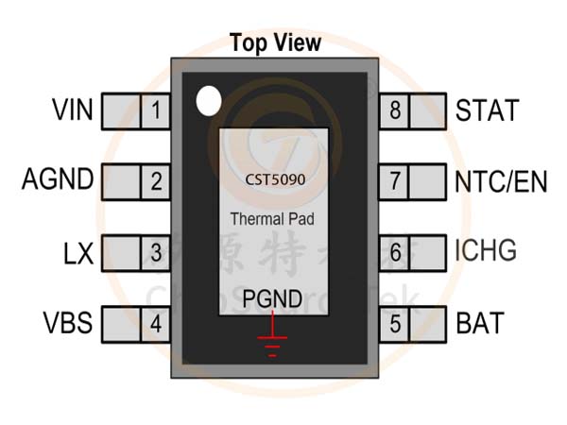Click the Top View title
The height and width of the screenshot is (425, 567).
[275, 42]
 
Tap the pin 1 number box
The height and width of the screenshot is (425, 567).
[155, 110]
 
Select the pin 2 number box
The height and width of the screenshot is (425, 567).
[155, 179]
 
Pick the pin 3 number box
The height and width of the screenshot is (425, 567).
[155, 252]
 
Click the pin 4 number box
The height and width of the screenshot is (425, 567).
[155, 324]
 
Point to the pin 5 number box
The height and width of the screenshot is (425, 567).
[394, 324]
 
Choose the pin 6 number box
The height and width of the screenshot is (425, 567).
[394, 252]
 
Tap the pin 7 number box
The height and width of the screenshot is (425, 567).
[394, 179]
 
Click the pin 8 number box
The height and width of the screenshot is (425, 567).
[394, 110]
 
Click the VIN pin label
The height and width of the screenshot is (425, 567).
[72, 110]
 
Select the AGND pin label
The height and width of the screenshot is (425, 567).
[58, 179]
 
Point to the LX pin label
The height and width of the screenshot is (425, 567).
[77, 252]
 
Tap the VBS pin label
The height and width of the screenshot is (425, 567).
[67, 324]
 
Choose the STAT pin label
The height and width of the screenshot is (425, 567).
[487, 110]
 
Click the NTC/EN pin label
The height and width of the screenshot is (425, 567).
[501, 179]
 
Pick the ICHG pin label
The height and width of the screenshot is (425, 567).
[486, 252]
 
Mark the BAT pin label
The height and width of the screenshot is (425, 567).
[479, 324]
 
